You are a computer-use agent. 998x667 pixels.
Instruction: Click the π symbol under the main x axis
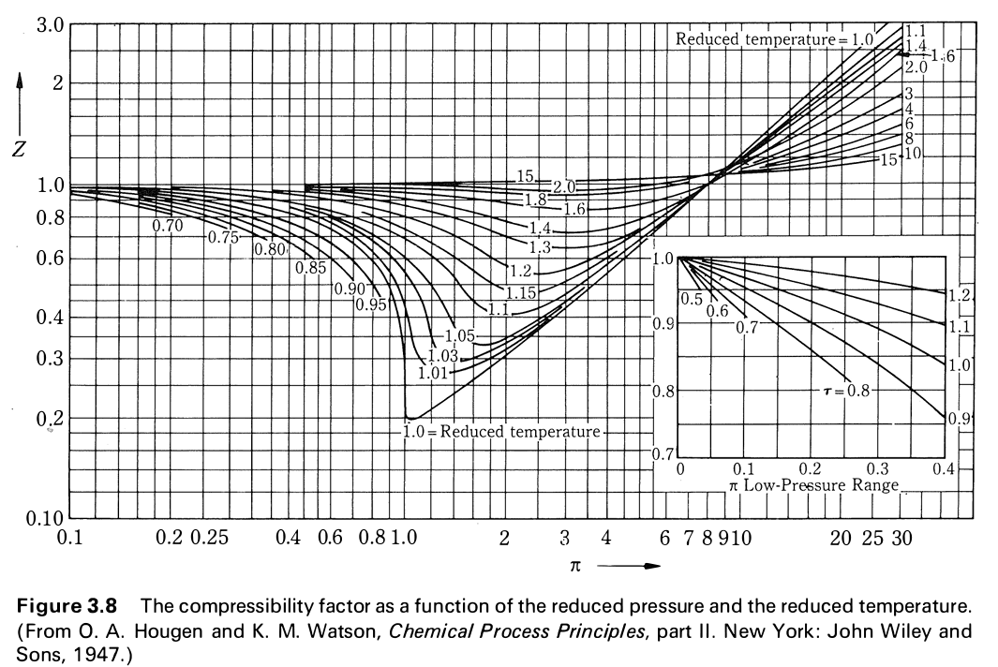point(573,566)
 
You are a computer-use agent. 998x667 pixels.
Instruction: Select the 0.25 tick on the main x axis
point(209,539)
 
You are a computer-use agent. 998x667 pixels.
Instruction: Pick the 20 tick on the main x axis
point(841,539)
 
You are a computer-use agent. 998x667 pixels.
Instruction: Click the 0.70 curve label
point(168,226)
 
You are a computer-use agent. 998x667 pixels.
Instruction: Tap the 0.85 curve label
point(310,268)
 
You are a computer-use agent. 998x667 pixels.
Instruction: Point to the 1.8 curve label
point(535,200)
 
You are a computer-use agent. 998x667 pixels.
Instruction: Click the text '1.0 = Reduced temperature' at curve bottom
point(501,432)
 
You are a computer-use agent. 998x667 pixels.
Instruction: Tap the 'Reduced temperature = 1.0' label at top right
point(775,39)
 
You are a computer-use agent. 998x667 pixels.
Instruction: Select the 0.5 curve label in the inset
point(692,300)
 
